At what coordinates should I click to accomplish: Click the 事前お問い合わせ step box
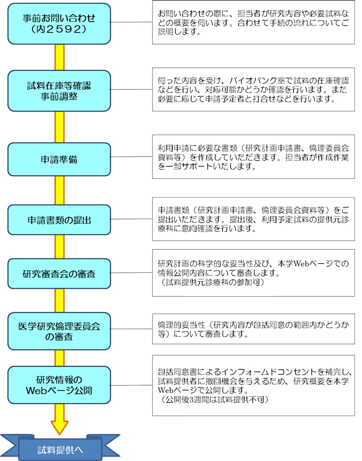(x=59, y=24)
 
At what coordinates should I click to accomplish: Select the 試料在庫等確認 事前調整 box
(x=59, y=91)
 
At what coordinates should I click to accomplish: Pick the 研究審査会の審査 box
(x=59, y=274)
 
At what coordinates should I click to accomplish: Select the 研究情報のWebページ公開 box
(x=59, y=384)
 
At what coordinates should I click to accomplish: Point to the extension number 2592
(x=66, y=30)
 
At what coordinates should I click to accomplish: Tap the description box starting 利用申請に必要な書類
(x=253, y=156)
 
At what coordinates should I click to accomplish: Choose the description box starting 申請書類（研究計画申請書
(x=253, y=219)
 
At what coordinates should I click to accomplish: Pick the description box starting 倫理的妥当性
(x=253, y=329)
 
